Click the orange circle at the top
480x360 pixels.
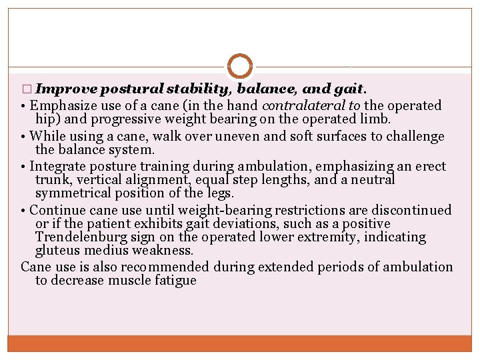tap(240, 67)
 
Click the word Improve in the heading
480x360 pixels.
tap(67, 89)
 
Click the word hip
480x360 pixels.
tap(45, 119)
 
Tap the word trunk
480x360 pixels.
tap(52, 180)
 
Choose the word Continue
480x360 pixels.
tap(57, 210)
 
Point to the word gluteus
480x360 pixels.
tap(57, 250)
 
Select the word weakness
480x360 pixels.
tap(166, 250)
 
